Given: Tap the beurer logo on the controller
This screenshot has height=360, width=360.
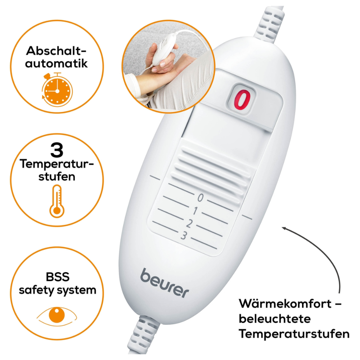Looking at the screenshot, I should click(164, 282).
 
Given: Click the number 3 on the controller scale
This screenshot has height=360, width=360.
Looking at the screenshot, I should click(183, 236).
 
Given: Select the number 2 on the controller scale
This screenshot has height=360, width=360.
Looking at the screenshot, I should click(189, 223).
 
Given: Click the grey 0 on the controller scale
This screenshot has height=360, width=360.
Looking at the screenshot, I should click(201, 197).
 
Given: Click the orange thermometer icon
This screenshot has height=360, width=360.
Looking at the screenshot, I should click(57, 201).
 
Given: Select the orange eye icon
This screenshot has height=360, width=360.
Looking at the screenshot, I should click(57, 315).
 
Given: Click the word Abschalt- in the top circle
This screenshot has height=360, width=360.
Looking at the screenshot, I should click(57, 50).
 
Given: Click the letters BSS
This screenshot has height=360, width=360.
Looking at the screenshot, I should click(57, 277).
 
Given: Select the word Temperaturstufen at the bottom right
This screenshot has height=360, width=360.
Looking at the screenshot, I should click(294, 334).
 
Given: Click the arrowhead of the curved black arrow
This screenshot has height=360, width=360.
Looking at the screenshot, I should click(285, 229).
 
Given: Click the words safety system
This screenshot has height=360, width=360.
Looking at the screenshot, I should click(58, 290).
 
